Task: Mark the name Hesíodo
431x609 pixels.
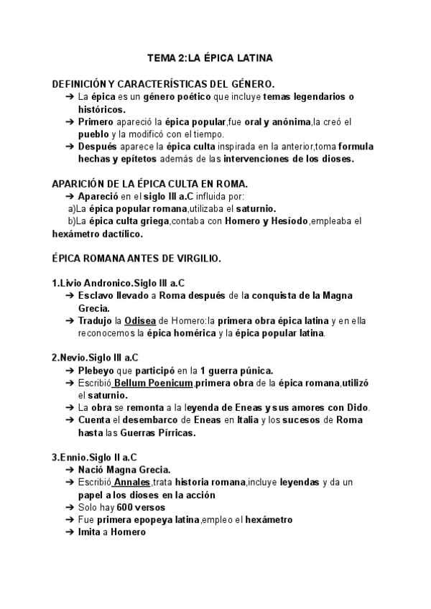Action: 287,221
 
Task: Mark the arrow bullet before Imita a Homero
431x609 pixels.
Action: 69,532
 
